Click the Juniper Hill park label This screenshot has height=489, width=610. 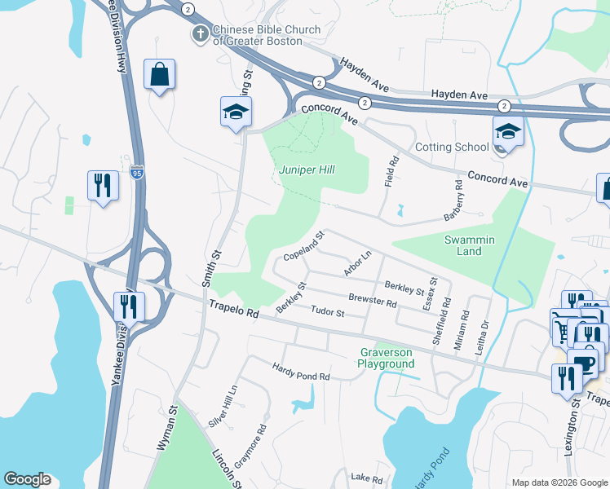(x=307, y=170)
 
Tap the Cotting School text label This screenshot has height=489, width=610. (x=452, y=147)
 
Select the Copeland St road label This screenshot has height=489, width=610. (x=304, y=246)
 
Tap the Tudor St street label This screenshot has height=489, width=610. (x=329, y=312)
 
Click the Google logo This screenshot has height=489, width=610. (x=28, y=480)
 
